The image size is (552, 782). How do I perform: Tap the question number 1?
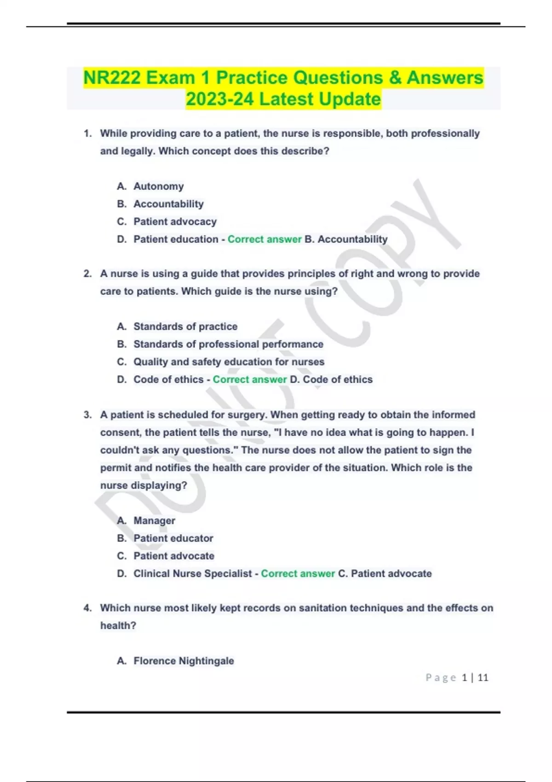(x=87, y=133)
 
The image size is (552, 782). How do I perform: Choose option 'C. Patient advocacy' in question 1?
(x=175, y=222)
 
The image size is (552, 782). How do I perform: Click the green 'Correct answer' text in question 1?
(x=264, y=239)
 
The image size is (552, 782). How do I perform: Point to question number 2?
(x=87, y=274)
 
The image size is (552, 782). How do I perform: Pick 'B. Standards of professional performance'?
(x=228, y=344)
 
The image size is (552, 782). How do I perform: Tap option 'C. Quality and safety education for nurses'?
(x=229, y=362)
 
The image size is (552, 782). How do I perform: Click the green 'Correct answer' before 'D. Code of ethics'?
(x=249, y=379)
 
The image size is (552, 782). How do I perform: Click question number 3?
(x=87, y=415)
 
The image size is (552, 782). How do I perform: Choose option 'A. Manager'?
(x=154, y=521)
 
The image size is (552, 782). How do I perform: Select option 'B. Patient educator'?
(x=173, y=538)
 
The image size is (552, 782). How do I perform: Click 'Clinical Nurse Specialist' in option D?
(x=192, y=574)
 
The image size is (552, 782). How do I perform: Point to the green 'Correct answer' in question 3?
(x=298, y=574)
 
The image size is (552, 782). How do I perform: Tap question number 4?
(x=87, y=608)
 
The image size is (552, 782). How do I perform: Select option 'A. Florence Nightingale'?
(x=183, y=661)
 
